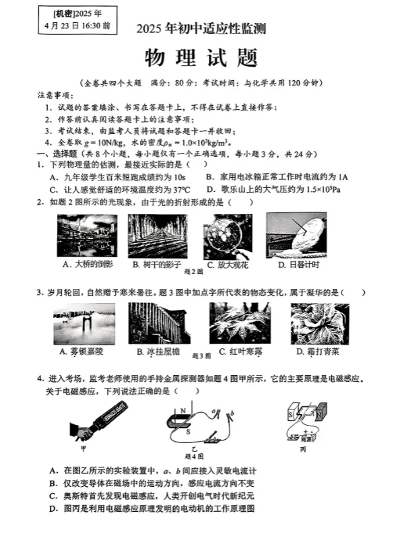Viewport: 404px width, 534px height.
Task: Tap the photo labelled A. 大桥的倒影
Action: (87, 236)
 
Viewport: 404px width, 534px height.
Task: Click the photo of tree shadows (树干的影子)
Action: (156, 236)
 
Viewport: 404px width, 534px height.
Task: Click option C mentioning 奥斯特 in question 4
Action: (153, 496)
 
